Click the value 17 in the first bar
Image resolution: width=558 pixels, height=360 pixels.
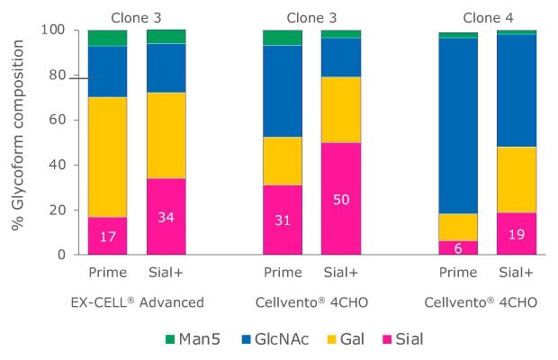tap(106, 236)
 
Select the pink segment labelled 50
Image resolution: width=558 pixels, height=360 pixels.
tap(341, 198)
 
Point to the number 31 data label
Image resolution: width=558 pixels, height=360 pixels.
tap(281, 220)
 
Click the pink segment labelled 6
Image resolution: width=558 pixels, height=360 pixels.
tap(457, 247)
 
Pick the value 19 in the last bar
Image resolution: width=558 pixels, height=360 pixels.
tap(517, 234)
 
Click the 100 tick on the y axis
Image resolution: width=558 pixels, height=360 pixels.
tap(55, 30)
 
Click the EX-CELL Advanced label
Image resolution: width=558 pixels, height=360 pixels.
tap(136, 303)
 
